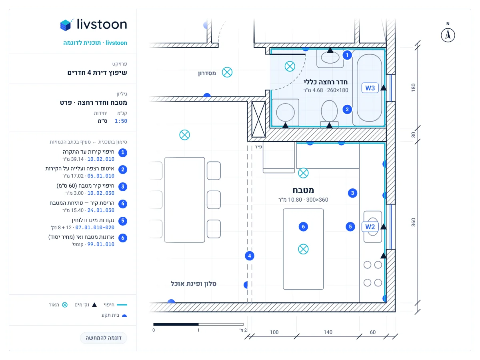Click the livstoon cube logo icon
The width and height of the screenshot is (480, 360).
coord(66,24)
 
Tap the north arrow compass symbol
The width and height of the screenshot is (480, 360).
coord(448,35)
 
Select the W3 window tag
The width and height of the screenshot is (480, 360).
coord(370,88)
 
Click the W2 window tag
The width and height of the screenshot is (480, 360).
coord(370,227)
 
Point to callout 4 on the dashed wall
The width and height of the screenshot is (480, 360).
coord(250,256)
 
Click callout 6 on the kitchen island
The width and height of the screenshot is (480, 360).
coord(303,227)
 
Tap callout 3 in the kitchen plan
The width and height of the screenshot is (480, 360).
coord(352,193)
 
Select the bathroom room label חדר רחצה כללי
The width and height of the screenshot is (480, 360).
coord(325,82)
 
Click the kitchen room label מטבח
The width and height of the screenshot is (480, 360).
coord(303,190)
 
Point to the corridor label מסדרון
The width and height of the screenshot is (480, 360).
coord(207,73)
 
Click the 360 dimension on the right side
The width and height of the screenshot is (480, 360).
coord(413,222)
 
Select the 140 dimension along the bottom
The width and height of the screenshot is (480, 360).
coord(328,332)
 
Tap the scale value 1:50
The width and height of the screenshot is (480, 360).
coord(121,121)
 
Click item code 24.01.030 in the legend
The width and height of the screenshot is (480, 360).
coord(101,210)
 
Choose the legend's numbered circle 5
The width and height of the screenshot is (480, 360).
coord(123,221)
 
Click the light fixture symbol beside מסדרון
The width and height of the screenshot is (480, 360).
coord(227,72)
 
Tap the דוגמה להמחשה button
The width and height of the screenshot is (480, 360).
coord(104,338)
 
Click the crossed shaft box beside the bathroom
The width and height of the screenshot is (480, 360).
coord(258,119)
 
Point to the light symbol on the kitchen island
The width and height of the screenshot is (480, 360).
coord(303,249)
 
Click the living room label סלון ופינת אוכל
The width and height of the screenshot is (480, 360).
coord(194,284)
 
